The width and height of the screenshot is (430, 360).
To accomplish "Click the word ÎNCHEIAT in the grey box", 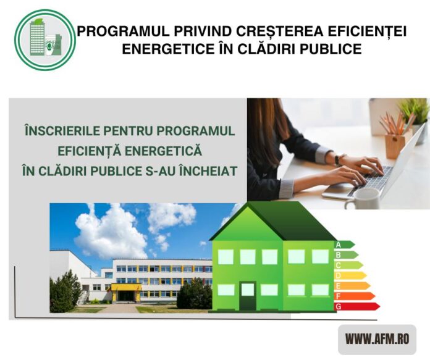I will pyautogui.click(x=208, y=171).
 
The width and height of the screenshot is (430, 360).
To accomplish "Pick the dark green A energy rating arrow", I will pyautogui.click(x=344, y=245).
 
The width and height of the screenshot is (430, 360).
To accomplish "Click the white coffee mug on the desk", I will pyautogui.click(x=362, y=199).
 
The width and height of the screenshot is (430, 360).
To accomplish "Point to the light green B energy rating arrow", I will pyautogui.click(x=346, y=254).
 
